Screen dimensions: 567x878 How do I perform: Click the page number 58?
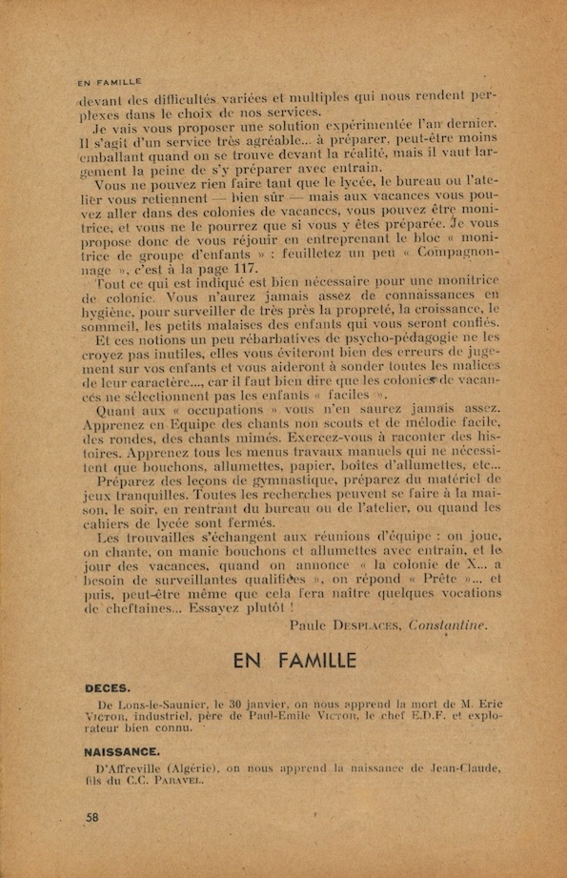point(91,817)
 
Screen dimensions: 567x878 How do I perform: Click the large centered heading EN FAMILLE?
point(294,660)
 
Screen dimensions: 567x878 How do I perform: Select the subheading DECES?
point(107,686)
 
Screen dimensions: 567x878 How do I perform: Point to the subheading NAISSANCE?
point(121,751)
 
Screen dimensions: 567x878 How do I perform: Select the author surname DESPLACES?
point(365,626)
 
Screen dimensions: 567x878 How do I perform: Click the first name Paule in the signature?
point(308,626)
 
